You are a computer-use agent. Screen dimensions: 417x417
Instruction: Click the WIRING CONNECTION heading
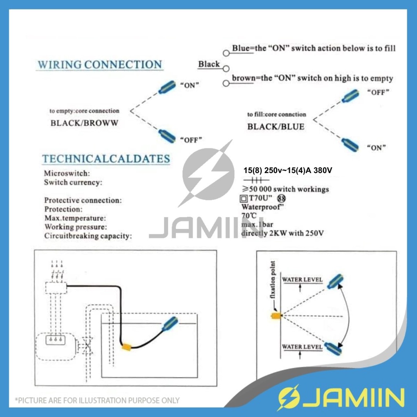pyautogui.click(x=100, y=65)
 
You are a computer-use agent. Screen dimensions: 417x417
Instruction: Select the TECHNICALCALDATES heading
pyautogui.click(x=106, y=159)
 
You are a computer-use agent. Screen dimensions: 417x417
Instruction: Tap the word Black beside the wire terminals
pyautogui.click(x=209, y=64)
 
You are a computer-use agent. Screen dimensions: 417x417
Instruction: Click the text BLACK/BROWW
pyautogui.click(x=84, y=123)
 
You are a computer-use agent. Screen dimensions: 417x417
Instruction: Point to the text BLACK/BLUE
pyautogui.click(x=276, y=127)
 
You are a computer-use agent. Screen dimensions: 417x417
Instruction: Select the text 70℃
pyautogui.click(x=249, y=216)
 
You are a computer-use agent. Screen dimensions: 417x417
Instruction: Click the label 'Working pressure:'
pyautogui.click(x=76, y=227)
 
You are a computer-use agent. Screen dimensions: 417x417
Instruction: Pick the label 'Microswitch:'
pyautogui.click(x=67, y=173)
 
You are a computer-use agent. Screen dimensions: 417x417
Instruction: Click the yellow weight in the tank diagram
pyautogui.click(x=127, y=347)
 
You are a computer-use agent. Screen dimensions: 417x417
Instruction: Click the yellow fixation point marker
pyautogui.click(x=277, y=316)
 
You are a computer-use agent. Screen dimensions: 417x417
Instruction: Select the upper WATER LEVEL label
pyautogui.click(x=302, y=280)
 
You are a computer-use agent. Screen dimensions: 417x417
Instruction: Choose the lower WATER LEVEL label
pyautogui.click(x=302, y=347)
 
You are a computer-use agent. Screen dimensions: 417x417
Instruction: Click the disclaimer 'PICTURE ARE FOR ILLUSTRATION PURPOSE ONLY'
pyautogui.click(x=97, y=400)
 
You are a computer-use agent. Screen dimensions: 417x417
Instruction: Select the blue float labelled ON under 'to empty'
pyautogui.click(x=167, y=87)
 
